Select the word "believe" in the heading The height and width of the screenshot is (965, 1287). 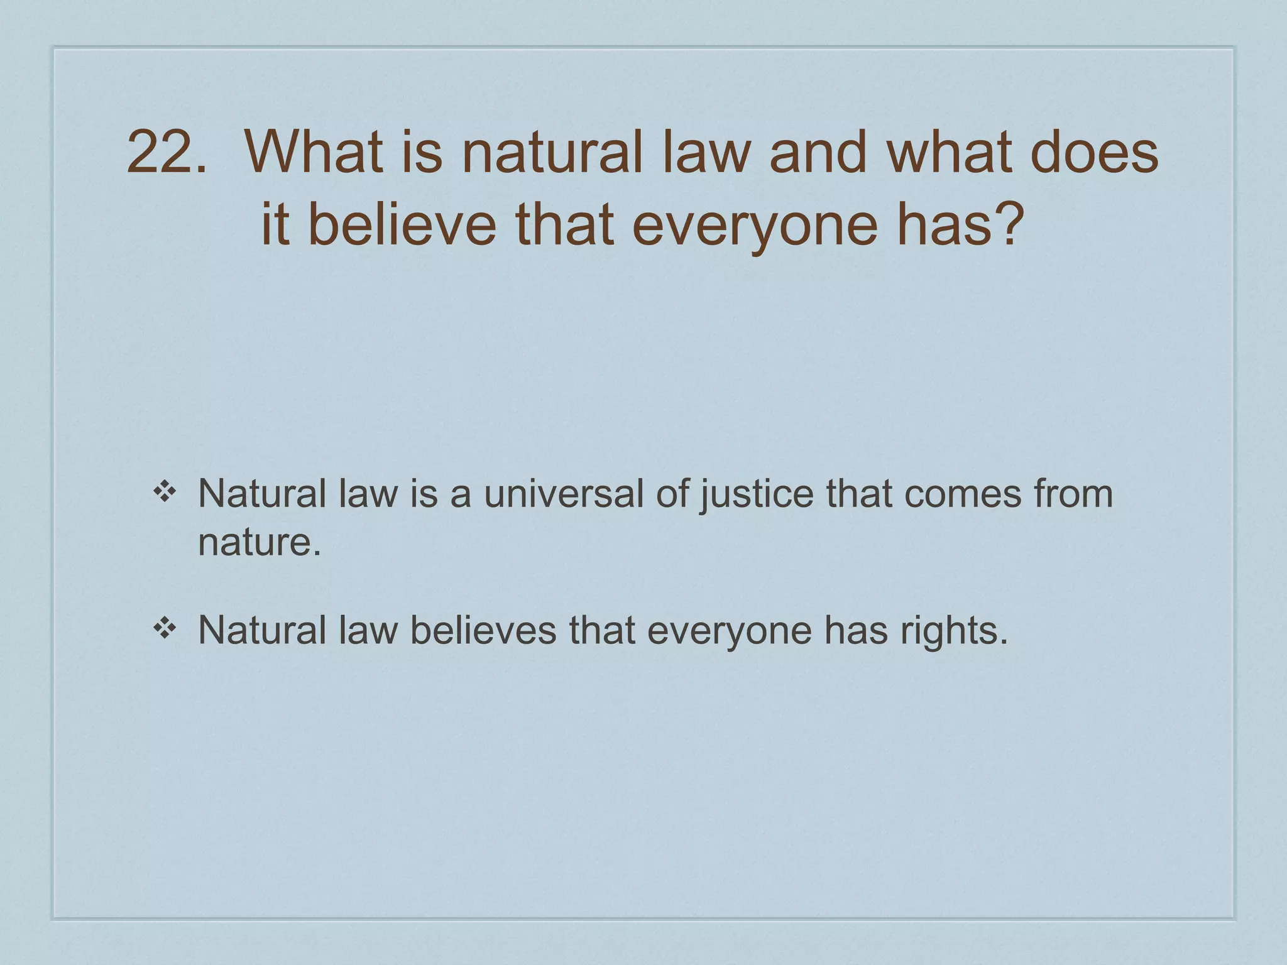point(402,224)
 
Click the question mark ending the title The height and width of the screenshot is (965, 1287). point(1004,224)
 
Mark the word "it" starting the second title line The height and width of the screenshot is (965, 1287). point(275,224)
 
